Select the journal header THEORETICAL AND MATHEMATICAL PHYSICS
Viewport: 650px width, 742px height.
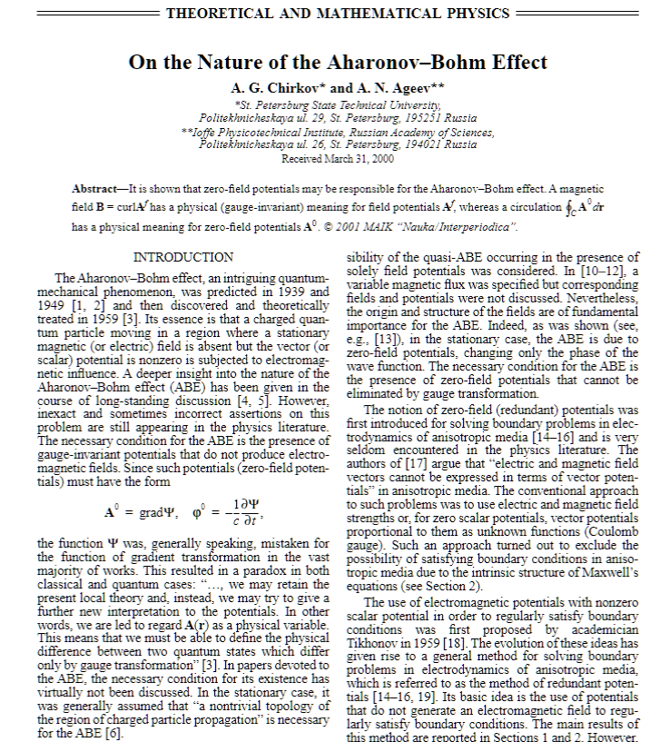(338, 14)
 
